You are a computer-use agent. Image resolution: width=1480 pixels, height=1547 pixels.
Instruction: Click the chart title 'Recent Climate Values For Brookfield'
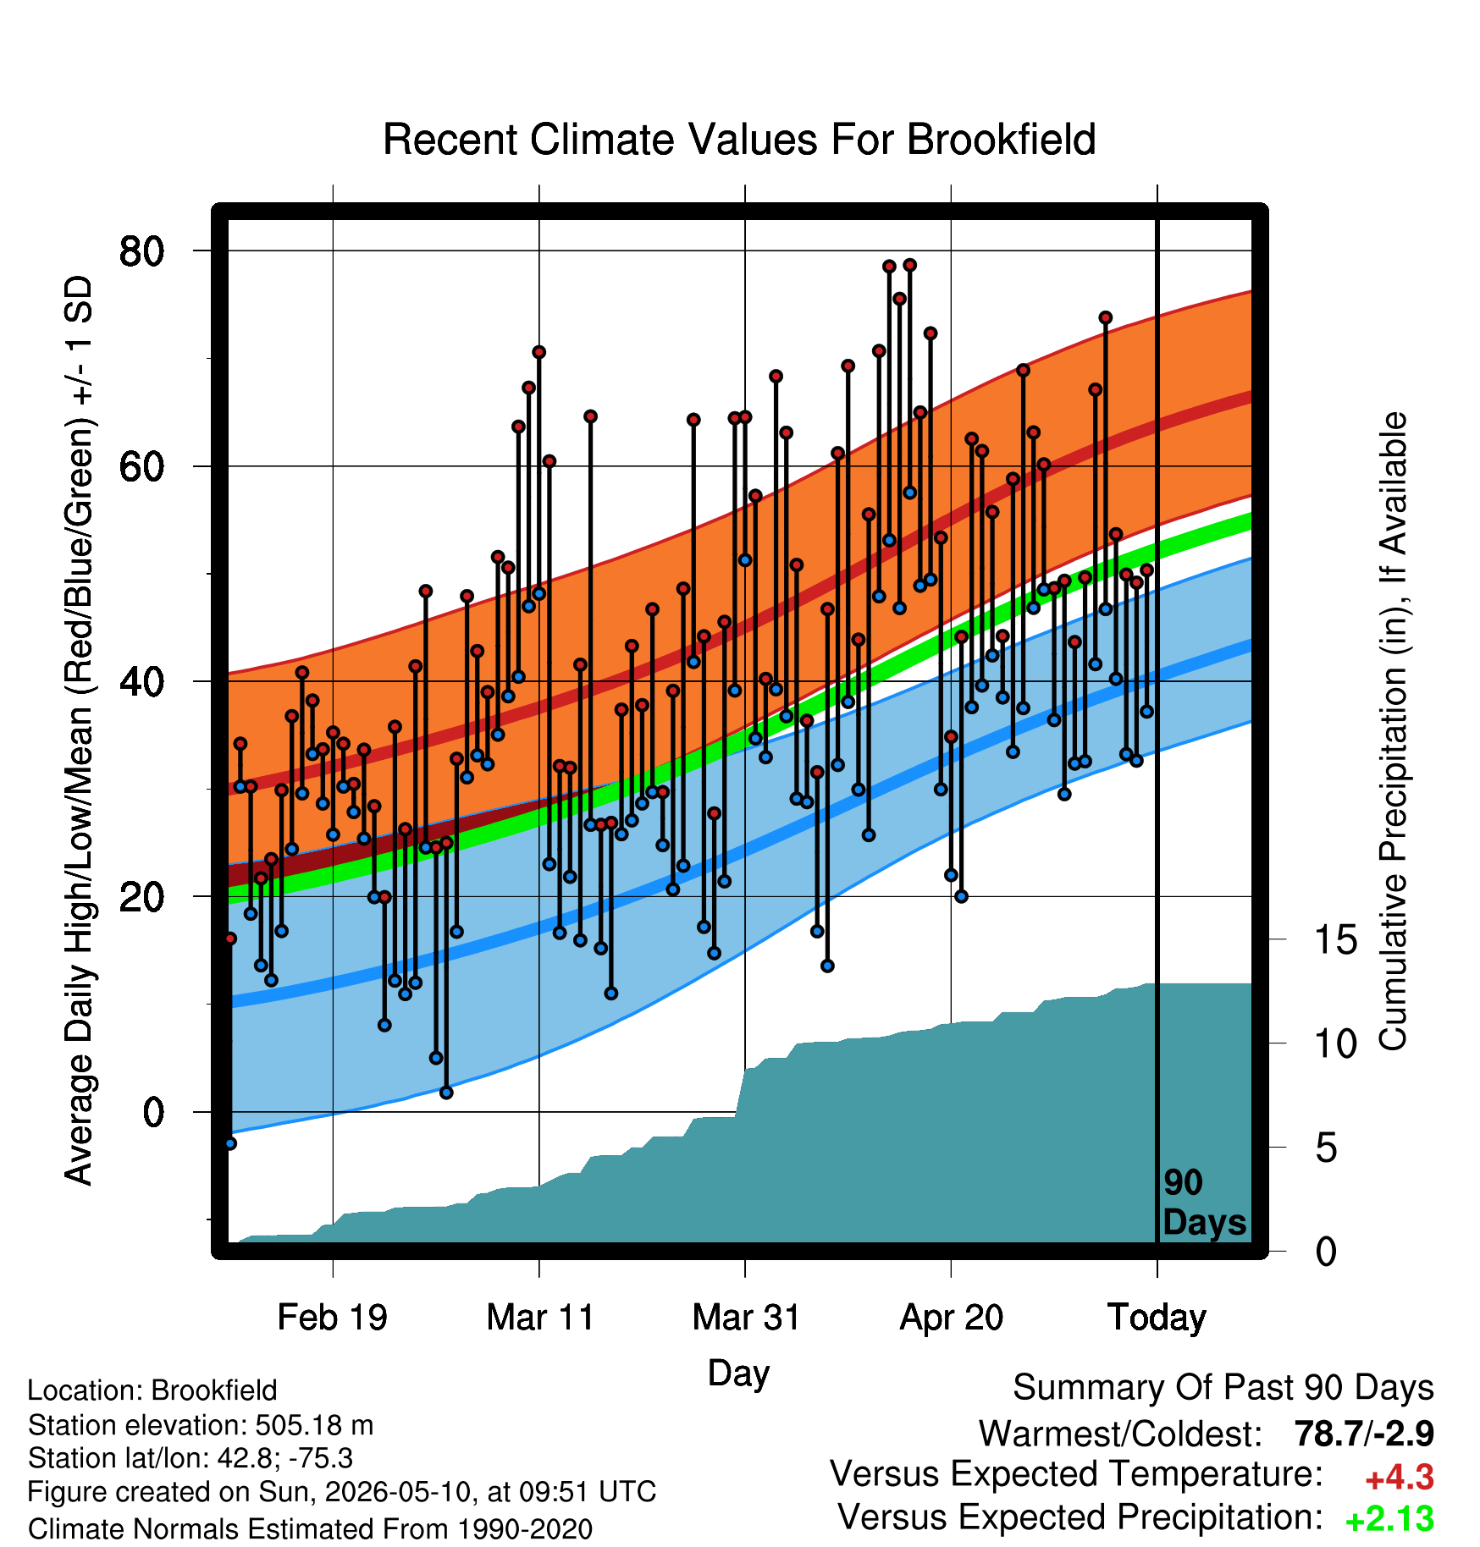coord(739,140)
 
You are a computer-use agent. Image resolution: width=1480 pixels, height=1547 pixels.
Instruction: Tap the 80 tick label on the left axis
coord(142,250)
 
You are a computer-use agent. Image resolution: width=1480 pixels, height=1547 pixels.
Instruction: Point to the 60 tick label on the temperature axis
coord(142,466)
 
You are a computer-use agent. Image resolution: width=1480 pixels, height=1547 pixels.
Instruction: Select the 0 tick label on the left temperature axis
coord(153,1112)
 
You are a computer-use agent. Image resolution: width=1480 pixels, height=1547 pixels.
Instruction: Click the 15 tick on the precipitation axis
coord(1336,939)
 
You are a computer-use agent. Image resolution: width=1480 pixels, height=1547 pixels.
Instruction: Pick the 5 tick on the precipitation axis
coord(1327,1148)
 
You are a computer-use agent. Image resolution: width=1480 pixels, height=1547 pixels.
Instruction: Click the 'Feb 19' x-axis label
coord(333,1318)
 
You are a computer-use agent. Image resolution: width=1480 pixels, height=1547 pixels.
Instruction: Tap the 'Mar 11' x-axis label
coord(540,1318)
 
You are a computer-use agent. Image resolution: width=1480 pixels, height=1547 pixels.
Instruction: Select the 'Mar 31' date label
coord(746,1318)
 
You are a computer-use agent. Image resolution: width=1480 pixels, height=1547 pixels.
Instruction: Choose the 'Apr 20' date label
coord(952,1318)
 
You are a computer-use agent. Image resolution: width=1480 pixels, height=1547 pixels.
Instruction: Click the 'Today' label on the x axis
coord(1157,1318)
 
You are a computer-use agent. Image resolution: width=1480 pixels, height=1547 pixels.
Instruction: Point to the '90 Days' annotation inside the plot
coord(1204,1203)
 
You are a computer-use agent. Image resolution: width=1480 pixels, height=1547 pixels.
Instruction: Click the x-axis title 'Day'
coord(738,1374)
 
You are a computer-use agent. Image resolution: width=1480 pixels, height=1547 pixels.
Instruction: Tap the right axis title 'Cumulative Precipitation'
coord(1393,731)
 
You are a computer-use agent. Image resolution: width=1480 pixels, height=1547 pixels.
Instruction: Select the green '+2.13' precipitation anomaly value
coord(1389,1519)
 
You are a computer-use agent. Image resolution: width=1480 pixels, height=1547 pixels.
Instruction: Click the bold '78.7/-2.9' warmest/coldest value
coord(1364,1434)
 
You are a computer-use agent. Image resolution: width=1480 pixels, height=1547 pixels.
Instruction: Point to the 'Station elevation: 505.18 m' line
coord(201,1426)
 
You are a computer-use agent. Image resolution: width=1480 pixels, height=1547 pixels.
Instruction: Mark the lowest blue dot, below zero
coord(230,1143)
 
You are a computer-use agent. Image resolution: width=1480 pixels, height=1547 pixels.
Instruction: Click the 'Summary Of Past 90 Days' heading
coord(1223,1388)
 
